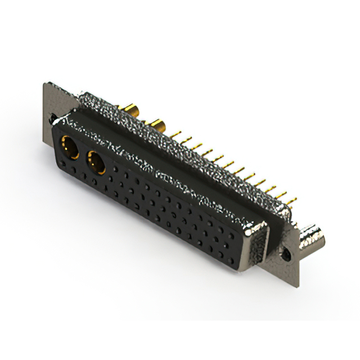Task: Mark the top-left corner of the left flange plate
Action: pos(46,84)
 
